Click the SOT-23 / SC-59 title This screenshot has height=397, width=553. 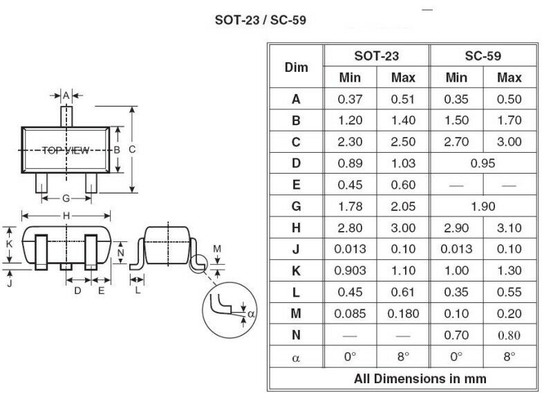tap(261, 20)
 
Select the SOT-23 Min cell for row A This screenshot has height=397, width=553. tap(350, 99)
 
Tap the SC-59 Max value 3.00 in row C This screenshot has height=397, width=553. tap(509, 142)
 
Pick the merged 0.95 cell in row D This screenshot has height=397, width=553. tap(482, 163)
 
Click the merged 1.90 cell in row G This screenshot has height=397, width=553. tap(482, 206)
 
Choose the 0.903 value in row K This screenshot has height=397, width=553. tap(350, 270)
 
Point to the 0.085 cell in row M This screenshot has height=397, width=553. tap(350, 314)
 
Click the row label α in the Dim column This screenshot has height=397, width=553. tap(296, 358)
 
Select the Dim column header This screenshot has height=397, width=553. tap(297, 67)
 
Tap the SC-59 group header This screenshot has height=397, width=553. tap(482, 56)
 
